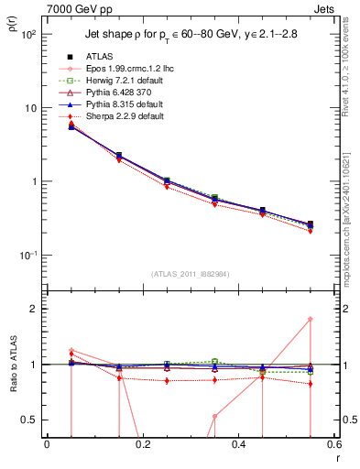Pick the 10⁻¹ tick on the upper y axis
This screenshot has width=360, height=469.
click(29, 255)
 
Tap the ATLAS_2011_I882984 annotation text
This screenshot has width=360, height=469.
click(190, 273)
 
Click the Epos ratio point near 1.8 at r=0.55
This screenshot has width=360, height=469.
click(310, 319)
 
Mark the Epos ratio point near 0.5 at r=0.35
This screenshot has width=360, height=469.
click(214, 416)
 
